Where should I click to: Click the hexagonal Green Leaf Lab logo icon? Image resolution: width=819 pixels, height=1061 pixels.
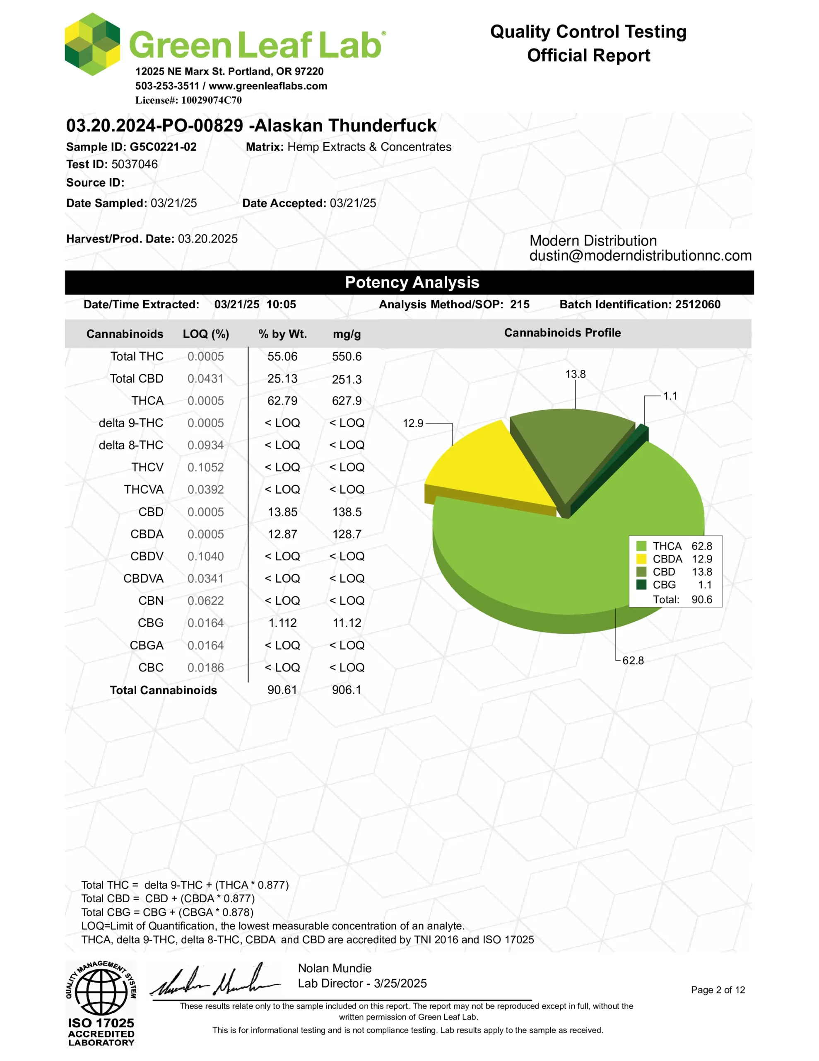pyautogui.click(x=92, y=44)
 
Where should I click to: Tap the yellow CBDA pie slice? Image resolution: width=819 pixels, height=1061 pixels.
pyautogui.click(x=485, y=466)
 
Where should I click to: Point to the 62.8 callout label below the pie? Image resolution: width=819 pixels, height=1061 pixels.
pyautogui.click(x=633, y=660)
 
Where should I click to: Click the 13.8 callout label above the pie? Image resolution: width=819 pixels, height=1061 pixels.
pyautogui.click(x=575, y=374)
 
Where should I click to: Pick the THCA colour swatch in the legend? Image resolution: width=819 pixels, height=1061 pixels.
pyautogui.click(x=641, y=546)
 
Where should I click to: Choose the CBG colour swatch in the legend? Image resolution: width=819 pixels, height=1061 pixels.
pyautogui.click(x=641, y=584)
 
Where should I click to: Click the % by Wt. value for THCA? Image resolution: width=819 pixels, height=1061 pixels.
pyautogui.click(x=282, y=401)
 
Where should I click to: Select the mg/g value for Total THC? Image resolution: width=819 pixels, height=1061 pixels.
pyautogui.click(x=347, y=356)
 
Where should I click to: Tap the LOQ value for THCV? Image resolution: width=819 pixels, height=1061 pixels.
pyautogui.click(x=205, y=468)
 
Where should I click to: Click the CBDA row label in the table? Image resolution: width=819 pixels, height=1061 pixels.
pyautogui.click(x=147, y=534)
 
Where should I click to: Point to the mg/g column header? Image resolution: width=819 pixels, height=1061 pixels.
pyautogui.click(x=347, y=334)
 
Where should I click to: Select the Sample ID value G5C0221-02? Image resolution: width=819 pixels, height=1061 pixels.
pyautogui.click(x=163, y=147)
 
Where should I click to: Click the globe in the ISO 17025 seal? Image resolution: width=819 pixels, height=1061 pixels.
pyautogui.click(x=101, y=991)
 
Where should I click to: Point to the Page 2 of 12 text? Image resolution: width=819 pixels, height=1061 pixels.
pyautogui.click(x=718, y=990)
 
